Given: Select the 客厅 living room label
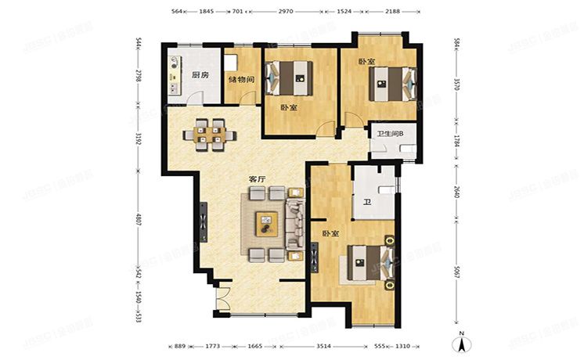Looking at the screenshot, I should click(258, 178).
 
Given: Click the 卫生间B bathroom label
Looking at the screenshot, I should click(390, 134).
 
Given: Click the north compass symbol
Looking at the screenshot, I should click(462, 341).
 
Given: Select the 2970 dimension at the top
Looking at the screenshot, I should click(285, 12).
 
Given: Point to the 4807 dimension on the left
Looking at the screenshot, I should click(139, 221).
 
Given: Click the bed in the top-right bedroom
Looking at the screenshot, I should click(393, 81).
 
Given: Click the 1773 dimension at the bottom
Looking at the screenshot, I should click(214, 345).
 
